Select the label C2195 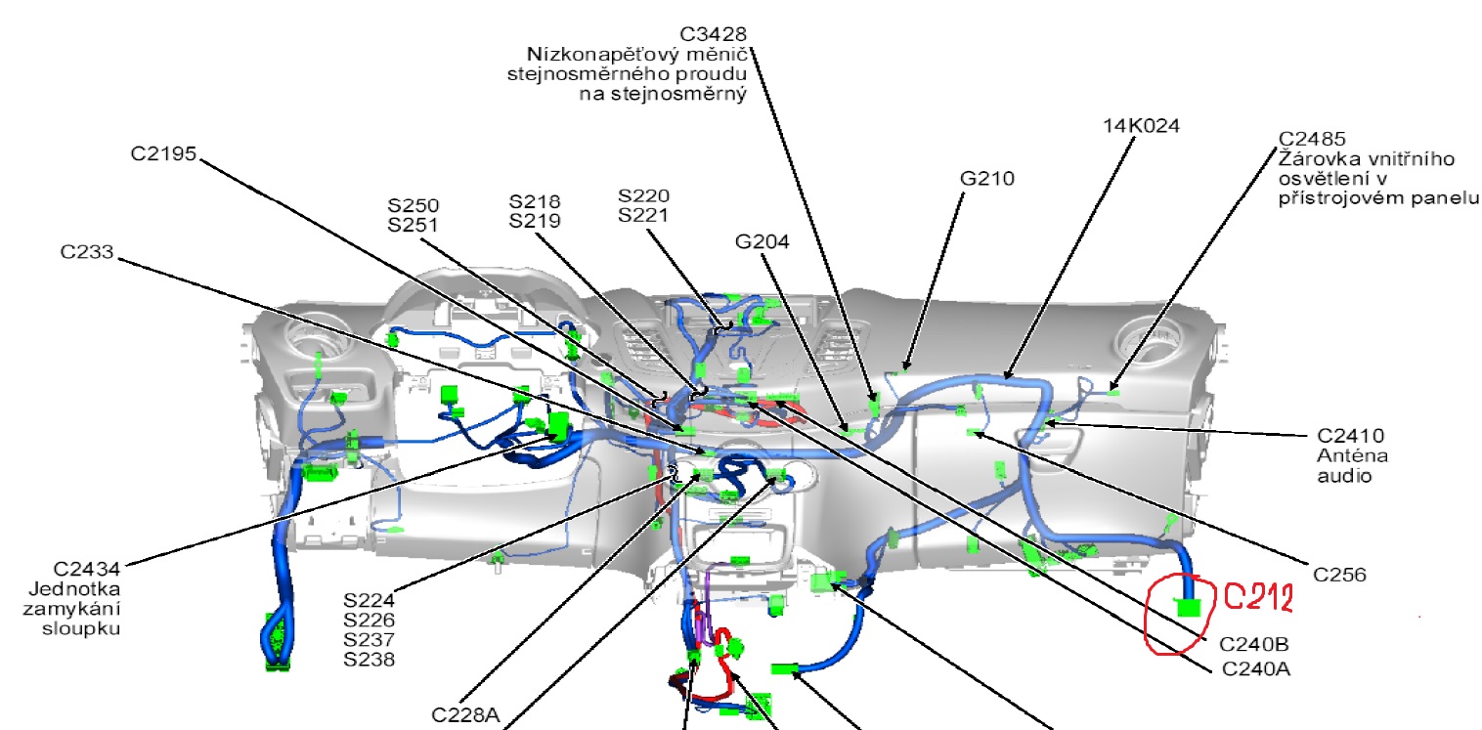164,153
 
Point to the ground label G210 987,179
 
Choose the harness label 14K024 1141,126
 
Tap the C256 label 1339,575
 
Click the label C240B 1253,645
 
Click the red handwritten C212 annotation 1259,598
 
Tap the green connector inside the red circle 1188,608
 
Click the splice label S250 413,205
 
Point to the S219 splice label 535,221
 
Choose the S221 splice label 643,215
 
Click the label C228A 465,714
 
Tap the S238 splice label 369,660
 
